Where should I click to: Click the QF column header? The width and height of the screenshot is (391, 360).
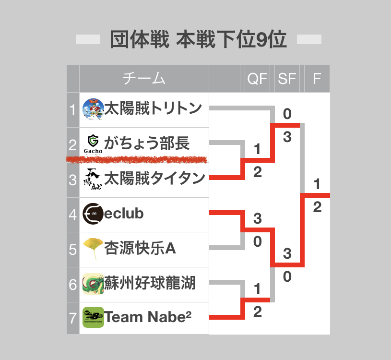tap(257, 79)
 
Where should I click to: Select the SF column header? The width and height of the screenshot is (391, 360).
tap(287, 79)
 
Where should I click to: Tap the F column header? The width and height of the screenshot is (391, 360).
tap(317, 79)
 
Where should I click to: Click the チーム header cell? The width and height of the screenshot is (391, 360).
tap(144, 78)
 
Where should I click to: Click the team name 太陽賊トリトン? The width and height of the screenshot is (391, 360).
tap(153, 108)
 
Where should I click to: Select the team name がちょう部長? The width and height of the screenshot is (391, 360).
tap(147, 143)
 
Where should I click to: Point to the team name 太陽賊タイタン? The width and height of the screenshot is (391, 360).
tap(154, 178)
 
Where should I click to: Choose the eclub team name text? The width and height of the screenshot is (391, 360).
tap(124, 214)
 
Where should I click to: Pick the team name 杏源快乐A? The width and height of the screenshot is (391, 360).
tap(140, 248)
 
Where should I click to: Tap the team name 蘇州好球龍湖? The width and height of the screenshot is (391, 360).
tap(150, 283)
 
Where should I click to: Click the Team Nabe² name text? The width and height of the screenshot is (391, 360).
tap(148, 317)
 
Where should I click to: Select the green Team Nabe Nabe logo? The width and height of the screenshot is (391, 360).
tap(93, 317)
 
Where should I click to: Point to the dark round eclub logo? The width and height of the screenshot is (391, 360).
tap(93, 214)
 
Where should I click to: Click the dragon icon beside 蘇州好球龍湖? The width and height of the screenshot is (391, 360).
tap(93, 284)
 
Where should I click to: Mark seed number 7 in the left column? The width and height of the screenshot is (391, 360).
tap(72, 318)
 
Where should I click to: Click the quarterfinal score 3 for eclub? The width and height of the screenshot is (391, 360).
tap(257, 218)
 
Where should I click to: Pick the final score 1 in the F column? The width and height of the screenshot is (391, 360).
tap(317, 184)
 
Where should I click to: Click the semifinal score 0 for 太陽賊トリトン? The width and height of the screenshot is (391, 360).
tap(287, 114)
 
